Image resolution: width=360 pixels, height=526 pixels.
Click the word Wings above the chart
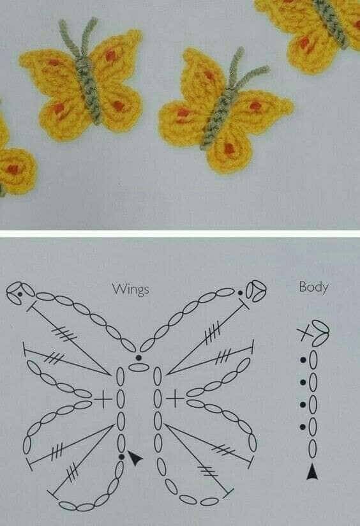coord(130,289)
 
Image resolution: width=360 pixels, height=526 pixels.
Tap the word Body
coord(313,287)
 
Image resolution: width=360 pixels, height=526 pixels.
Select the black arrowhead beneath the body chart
coord(312,472)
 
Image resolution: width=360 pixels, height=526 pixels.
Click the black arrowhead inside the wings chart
coord(135,457)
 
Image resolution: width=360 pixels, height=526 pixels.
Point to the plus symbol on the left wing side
coord(103,399)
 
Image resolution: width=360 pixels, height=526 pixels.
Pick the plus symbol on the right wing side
coord(175,399)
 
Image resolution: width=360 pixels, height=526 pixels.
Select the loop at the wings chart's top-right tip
coord(256,290)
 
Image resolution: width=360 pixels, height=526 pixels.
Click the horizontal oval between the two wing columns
coord(139,367)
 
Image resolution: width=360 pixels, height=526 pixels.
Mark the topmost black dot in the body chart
coord(303,360)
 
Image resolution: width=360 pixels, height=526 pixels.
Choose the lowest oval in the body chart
coord(312,448)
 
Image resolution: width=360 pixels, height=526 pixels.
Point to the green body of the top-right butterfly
coord(331,22)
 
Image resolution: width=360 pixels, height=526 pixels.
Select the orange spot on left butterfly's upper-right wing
coord(110,55)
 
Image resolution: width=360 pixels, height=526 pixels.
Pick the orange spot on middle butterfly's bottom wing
coord(229,148)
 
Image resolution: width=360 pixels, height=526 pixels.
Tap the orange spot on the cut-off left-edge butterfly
coord(12,169)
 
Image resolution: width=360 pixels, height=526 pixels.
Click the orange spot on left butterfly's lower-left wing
coord(60,109)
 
